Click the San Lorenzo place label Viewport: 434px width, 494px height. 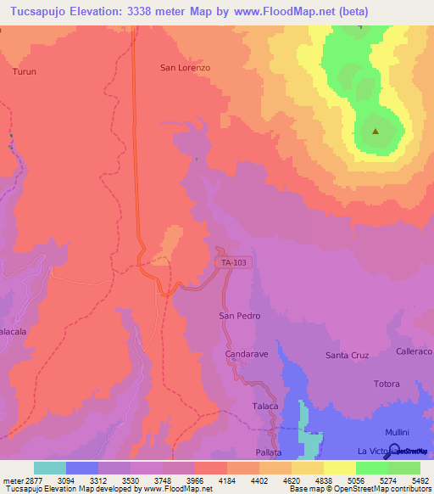(x=185, y=67)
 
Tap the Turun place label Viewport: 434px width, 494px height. (x=25, y=72)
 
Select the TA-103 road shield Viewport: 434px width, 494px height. (x=235, y=263)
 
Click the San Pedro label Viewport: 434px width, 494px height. (x=240, y=316)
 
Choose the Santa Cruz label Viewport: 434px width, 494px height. (x=348, y=356)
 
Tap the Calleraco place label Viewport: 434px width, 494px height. (x=414, y=351)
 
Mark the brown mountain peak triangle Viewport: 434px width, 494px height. (x=375, y=131)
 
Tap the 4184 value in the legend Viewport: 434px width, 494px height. (x=227, y=481)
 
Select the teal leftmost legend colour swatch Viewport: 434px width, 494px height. (x=50, y=468)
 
